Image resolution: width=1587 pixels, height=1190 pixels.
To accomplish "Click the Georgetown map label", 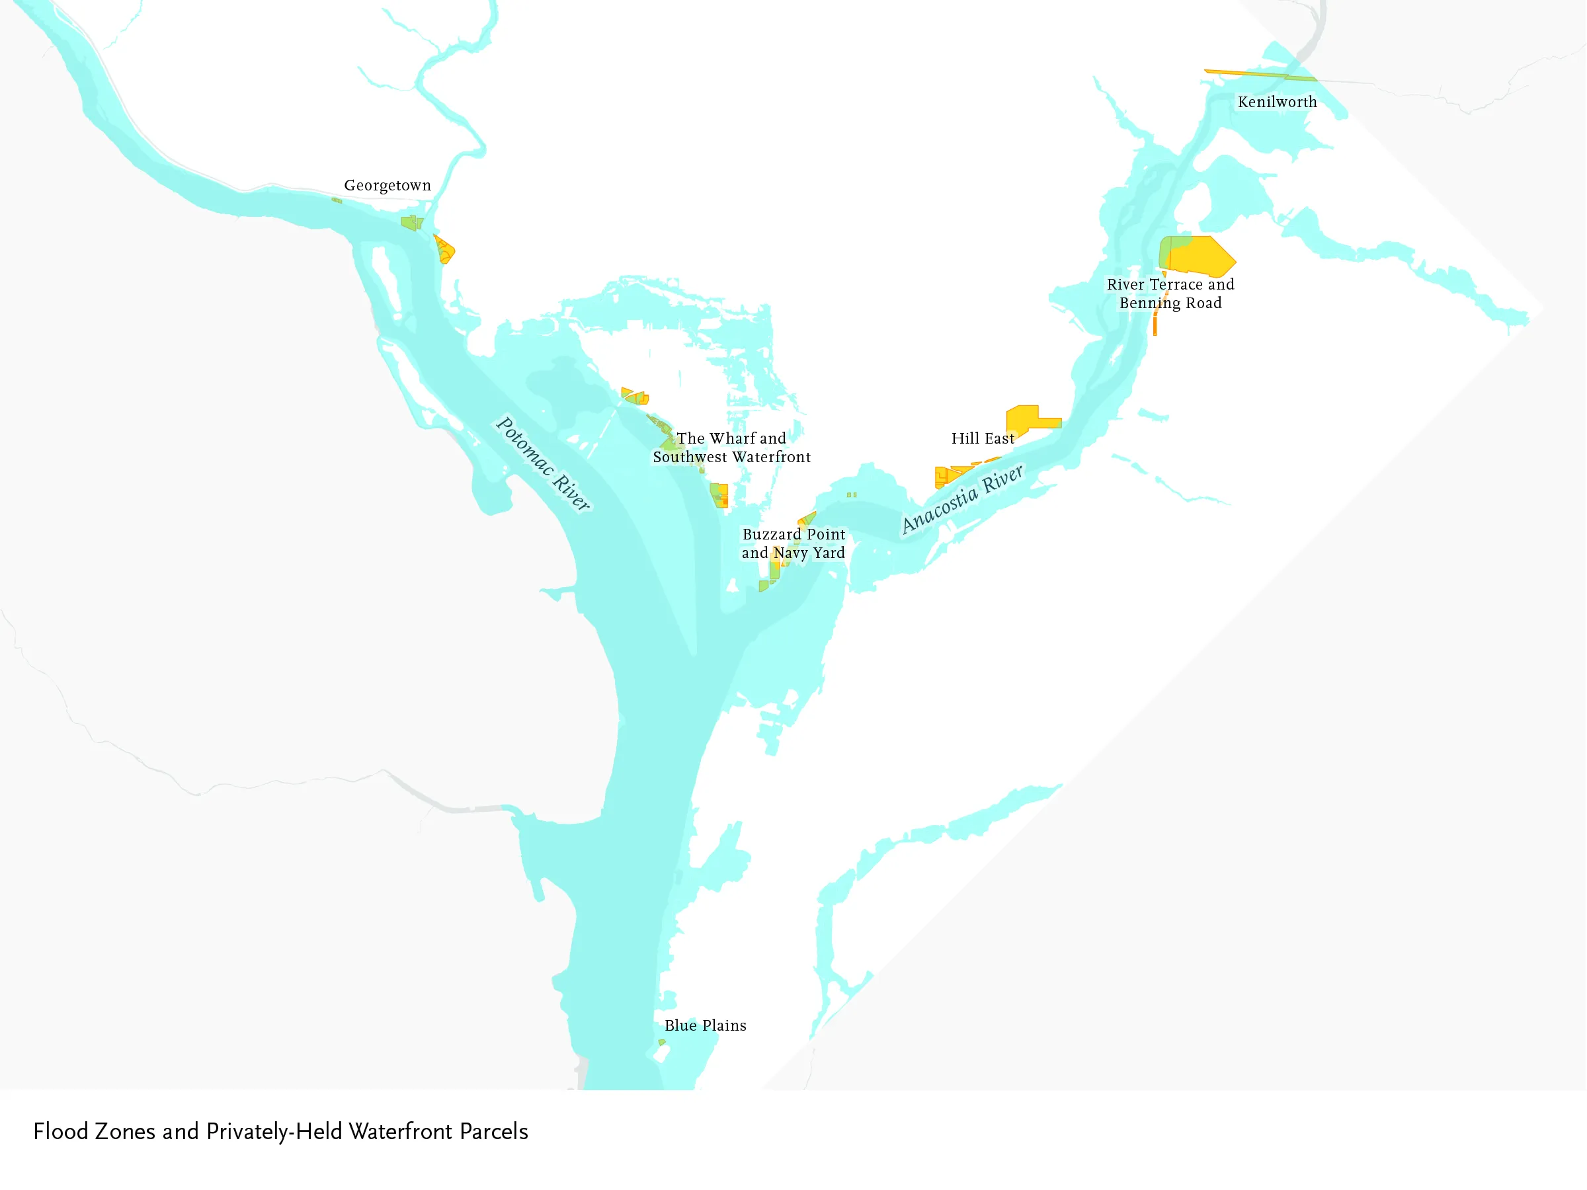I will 387,185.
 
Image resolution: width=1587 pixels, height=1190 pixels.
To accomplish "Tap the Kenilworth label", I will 1277,102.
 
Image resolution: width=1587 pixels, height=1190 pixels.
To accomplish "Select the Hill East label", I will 982,438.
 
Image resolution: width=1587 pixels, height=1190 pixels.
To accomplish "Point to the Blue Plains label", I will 706,1025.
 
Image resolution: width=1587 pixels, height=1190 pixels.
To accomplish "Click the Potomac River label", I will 543,463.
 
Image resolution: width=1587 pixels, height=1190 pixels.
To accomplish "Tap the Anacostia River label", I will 962,498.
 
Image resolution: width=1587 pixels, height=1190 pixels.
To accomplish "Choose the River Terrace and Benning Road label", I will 1170,294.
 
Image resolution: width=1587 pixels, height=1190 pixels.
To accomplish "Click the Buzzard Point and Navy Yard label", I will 793,543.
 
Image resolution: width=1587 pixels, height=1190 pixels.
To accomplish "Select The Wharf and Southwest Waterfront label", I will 731,448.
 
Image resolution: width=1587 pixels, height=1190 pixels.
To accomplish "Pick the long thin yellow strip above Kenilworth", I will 1259,74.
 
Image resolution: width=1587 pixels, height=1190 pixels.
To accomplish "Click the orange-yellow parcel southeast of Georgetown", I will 444,250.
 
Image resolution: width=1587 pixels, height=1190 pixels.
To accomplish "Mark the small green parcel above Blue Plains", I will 661,1042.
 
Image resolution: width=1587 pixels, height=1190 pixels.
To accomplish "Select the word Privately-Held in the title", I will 274,1131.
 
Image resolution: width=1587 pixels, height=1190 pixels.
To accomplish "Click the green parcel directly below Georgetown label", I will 411,222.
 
